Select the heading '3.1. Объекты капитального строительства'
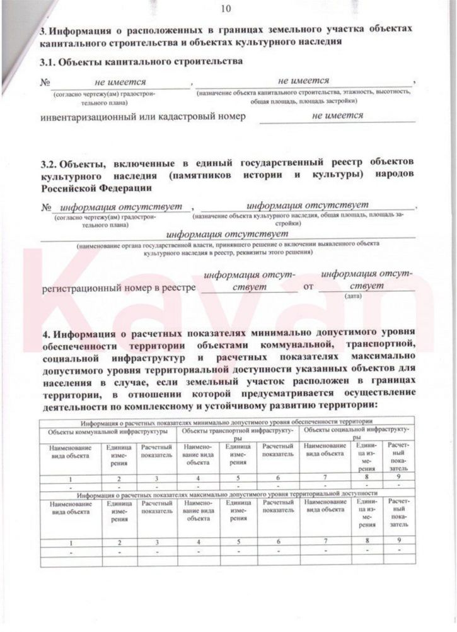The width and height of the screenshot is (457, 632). (141, 62)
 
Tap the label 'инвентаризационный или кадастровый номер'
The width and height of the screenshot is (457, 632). (142, 117)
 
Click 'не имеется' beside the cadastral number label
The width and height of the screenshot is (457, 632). (337, 115)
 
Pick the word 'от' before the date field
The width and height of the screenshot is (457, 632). (308, 287)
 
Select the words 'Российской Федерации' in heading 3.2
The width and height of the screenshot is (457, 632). (95, 187)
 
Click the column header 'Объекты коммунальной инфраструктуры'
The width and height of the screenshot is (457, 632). (104, 432)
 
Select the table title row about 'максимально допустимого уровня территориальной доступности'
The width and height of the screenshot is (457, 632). (226, 496)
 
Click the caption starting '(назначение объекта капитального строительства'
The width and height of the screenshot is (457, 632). (303, 97)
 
